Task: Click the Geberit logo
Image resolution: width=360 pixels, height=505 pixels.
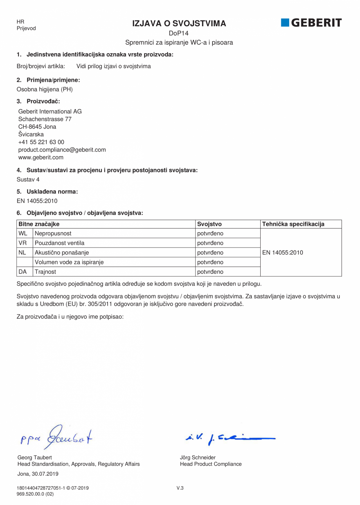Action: pos(311,23)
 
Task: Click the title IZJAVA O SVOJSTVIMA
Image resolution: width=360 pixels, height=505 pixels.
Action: pos(179,23)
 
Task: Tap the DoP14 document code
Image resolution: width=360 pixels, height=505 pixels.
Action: pos(179,34)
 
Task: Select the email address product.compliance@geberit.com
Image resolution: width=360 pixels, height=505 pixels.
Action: pos(62,150)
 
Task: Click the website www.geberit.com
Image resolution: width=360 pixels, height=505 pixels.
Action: pos(41,157)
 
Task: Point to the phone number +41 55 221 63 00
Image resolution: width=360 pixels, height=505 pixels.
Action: pos(41,142)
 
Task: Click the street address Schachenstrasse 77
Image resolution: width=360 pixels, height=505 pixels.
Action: pos(45,119)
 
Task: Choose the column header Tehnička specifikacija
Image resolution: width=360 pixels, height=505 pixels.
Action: pos(293,224)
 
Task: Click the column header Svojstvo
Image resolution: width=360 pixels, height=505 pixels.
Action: pos(209,224)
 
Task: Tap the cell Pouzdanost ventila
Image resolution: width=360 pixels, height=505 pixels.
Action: pos(59,243)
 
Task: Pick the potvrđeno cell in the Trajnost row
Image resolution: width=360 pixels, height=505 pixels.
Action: pos(210,271)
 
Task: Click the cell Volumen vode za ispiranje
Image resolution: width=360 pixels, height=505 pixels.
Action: pos(69,262)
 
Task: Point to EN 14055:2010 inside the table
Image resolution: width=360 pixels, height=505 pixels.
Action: pos(283,252)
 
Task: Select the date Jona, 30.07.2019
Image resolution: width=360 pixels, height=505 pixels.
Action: pos(38,474)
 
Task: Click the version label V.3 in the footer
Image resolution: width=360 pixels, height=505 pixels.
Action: pos(180,488)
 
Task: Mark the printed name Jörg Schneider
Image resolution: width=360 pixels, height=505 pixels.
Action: pos(198,457)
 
